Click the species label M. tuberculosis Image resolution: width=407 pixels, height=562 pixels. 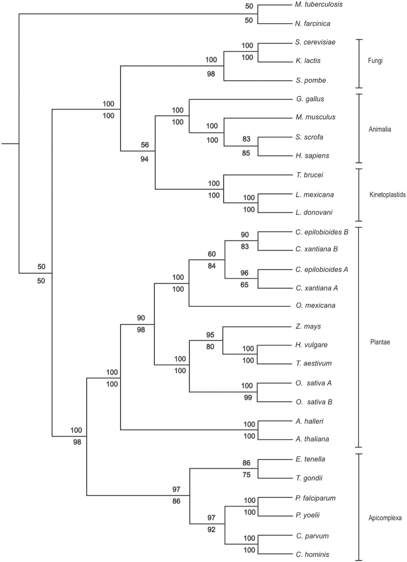tap(319, 5)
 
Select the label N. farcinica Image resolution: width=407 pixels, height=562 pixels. tap(312, 24)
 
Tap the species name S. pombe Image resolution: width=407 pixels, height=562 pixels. tap(311, 80)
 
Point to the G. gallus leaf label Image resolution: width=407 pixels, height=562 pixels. tap(310, 99)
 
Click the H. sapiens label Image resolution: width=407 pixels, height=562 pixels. tap(312, 156)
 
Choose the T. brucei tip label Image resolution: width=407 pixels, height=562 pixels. tap(309, 175)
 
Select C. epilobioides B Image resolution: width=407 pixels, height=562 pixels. tap(322, 232)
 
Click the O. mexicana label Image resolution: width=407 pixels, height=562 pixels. tap(315, 306)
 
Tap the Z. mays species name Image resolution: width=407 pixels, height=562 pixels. tap(308, 326)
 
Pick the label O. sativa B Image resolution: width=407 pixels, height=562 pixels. tap(314, 402)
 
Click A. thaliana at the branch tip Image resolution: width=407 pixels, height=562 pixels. tap(312, 439)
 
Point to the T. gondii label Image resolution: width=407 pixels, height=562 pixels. tap(309, 478)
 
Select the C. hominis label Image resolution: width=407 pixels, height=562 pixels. tap(312, 554)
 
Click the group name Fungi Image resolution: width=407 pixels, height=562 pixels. tap(375, 61)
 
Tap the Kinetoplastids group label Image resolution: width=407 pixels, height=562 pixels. tap(387, 195)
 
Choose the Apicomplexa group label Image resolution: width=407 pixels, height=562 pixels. tap(385, 518)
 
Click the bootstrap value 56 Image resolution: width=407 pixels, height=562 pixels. tap(145, 145)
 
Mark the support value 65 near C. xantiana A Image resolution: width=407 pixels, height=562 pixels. tap(245, 285)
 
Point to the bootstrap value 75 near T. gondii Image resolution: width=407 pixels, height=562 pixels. tap(246, 475)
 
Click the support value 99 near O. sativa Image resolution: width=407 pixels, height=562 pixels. tap(248, 397)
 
